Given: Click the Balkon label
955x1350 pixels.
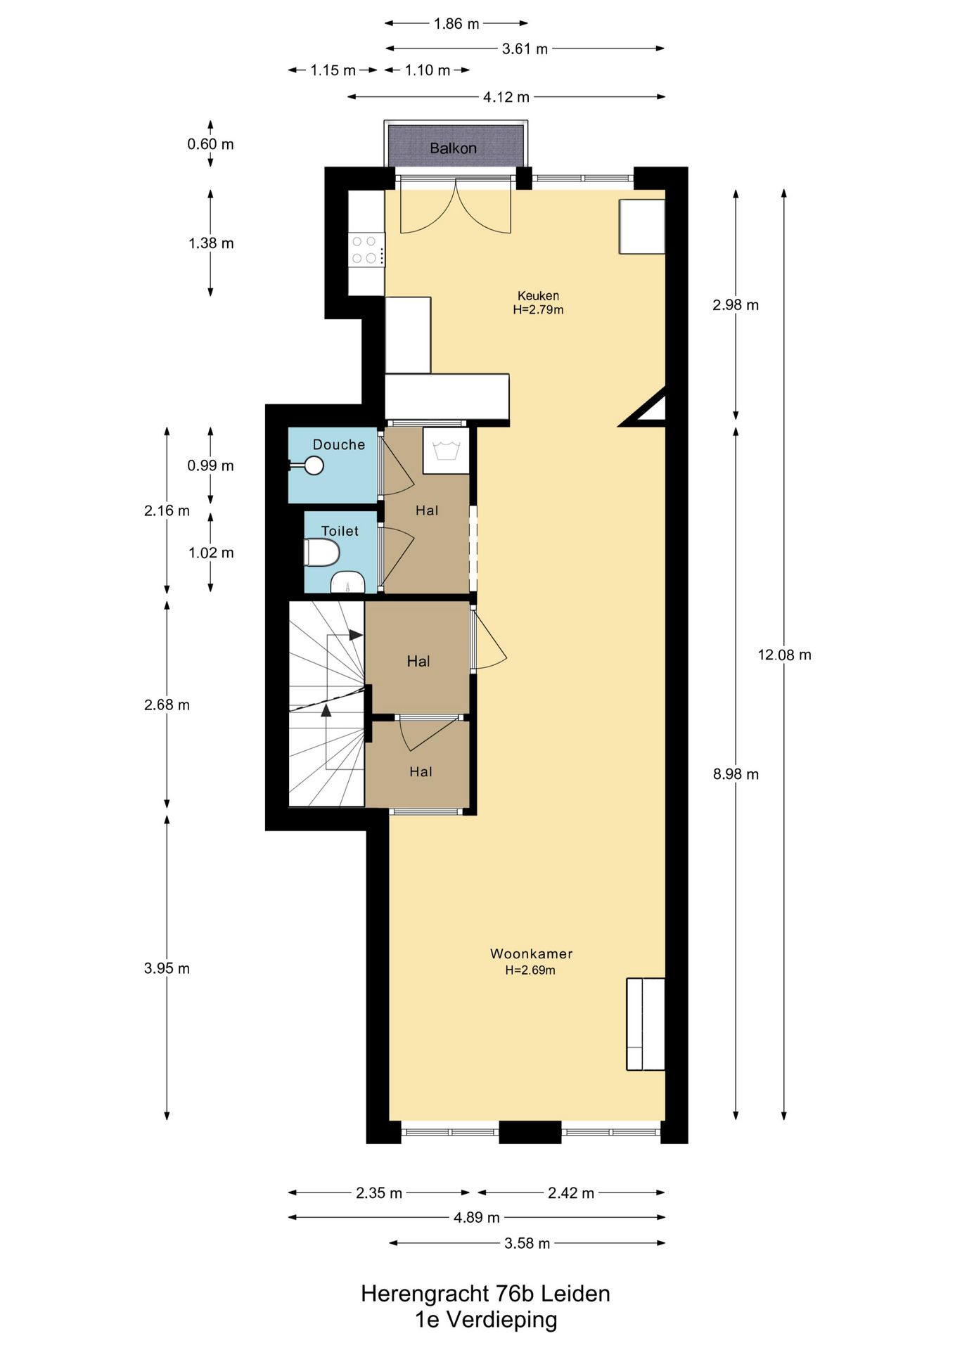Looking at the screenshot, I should point(453,148).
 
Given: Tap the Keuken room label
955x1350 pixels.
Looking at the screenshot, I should point(538,296).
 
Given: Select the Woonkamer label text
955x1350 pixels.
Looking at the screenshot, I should point(531,954).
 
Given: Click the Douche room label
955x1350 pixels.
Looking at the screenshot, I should point(339,445).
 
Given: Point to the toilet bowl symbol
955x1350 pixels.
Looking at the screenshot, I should point(321,553).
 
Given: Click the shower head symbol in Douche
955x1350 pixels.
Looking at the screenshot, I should point(313,465).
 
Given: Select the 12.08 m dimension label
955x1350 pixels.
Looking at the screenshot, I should point(784,655).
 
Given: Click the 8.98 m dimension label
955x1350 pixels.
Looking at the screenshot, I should point(736,774).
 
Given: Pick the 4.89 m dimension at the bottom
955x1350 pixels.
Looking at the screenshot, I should point(476,1217).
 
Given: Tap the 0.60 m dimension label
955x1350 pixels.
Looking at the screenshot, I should point(210,144).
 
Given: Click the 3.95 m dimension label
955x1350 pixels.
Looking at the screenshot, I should point(167,968).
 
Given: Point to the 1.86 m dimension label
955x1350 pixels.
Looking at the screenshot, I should point(456,24).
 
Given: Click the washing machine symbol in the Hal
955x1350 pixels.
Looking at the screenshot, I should point(446,450).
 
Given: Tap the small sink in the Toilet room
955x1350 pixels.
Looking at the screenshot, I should point(347,584).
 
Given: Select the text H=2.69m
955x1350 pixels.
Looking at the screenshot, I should point(530,970).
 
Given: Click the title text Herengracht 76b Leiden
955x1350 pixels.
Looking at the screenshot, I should point(485,1294).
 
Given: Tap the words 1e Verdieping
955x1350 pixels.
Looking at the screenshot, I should point(486,1320).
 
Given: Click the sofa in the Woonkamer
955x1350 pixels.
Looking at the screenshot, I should point(645,1024).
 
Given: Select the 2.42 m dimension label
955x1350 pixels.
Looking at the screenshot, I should point(571,1193).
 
